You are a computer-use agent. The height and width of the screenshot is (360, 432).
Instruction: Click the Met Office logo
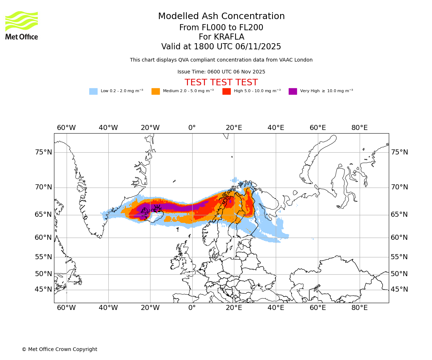click(x=22, y=25)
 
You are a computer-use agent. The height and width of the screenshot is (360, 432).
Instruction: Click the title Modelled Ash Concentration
click(x=221, y=17)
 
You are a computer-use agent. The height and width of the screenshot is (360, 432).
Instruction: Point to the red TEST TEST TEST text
click(x=221, y=82)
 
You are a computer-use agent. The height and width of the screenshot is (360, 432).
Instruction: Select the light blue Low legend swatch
click(x=93, y=91)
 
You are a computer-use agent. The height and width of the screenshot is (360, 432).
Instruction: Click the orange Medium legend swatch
click(x=156, y=91)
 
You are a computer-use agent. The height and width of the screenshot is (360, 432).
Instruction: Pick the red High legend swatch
click(x=226, y=91)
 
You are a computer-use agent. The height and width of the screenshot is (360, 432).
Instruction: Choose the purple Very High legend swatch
click(x=293, y=91)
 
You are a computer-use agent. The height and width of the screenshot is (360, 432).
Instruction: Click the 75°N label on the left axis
click(x=43, y=152)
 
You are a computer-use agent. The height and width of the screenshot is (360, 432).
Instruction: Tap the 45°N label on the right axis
click(x=400, y=289)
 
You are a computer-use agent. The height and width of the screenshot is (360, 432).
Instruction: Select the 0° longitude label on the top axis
click(x=192, y=128)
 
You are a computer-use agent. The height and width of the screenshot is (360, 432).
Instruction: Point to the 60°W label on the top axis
click(x=66, y=128)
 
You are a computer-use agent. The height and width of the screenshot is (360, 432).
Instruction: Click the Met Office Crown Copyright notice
click(x=59, y=350)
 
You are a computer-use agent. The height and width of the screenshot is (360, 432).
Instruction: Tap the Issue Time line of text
click(x=221, y=72)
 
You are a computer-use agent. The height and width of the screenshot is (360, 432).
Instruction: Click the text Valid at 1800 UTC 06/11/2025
click(x=221, y=47)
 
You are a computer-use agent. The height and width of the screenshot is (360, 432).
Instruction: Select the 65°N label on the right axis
click(x=400, y=215)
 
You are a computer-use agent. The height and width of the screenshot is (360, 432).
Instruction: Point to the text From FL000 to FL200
click(x=221, y=28)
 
